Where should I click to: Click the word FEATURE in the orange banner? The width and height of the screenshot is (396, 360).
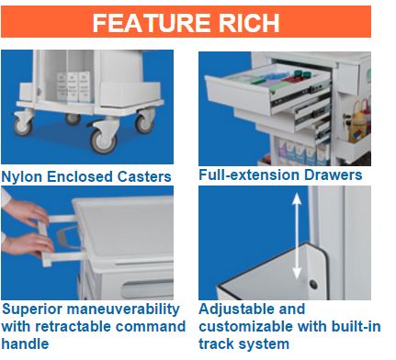(152, 23)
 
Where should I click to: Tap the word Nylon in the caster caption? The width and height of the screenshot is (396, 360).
(22, 177)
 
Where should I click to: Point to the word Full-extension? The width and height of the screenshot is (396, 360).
(249, 174)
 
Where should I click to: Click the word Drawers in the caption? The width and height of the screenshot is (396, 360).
(334, 174)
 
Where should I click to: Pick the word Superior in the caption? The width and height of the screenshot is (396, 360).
(32, 309)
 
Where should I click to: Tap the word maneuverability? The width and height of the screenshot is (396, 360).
(123, 309)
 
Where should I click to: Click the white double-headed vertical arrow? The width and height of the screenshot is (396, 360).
(296, 236)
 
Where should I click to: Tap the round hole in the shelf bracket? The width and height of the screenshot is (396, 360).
(313, 285)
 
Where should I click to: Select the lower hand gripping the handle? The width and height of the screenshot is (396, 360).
(28, 243)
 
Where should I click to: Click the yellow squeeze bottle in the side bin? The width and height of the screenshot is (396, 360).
(356, 122)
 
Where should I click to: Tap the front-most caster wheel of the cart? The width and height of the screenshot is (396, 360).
(104, 141)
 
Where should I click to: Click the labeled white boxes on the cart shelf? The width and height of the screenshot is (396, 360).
(74, 86)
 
